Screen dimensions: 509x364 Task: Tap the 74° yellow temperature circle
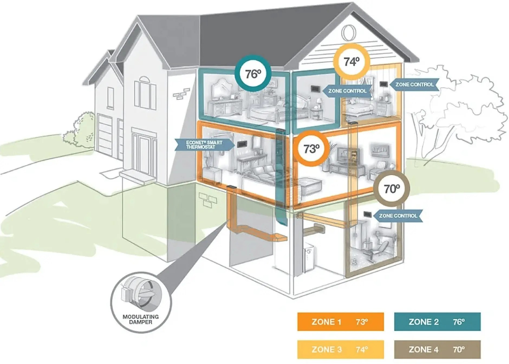click(x=351, y=62)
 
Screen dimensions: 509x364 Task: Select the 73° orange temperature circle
click(x=311, y=149)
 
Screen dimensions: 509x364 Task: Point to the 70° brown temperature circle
click(x=391, y=188)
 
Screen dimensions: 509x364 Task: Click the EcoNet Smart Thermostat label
click(x=204, y=145)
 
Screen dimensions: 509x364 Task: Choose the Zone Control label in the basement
click(x=398, y=216)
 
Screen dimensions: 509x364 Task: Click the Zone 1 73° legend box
click(x=340, y=322)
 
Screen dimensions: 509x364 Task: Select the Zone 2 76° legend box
click(x=437, y=322)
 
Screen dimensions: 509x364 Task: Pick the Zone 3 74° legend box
click(x=340, y=349)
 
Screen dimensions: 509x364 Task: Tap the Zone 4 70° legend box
click(x=437, y=349)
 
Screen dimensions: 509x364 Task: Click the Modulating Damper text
click(x=141, y=319)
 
